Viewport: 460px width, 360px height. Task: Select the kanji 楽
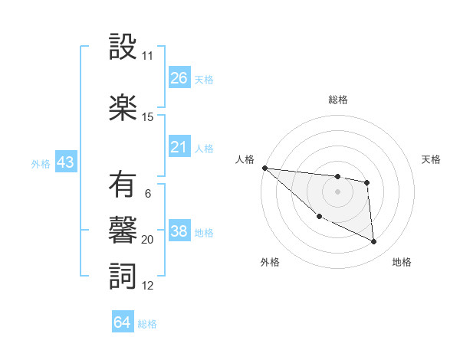(123, 108)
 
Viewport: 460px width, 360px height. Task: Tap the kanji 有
(123, 185)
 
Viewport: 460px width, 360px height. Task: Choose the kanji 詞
(123, 277)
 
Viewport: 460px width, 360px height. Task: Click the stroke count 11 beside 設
(147, 56)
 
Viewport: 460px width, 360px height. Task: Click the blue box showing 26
(179, 78)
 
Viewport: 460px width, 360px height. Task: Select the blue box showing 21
(179, 147)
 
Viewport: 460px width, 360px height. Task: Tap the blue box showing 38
(179, 231)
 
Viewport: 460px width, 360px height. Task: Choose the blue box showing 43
(65, 162)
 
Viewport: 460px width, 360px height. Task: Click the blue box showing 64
(123, 322)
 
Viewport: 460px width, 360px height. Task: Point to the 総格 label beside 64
(147, 324)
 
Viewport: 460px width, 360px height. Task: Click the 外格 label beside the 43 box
(41, 164)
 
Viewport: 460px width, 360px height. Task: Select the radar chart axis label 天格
(432, 159)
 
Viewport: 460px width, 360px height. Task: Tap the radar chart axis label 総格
(338, 100)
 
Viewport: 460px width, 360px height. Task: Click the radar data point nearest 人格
(264, 168)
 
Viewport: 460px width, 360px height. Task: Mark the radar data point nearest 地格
(374, 242)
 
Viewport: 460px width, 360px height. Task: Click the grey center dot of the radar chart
(337, 191)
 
